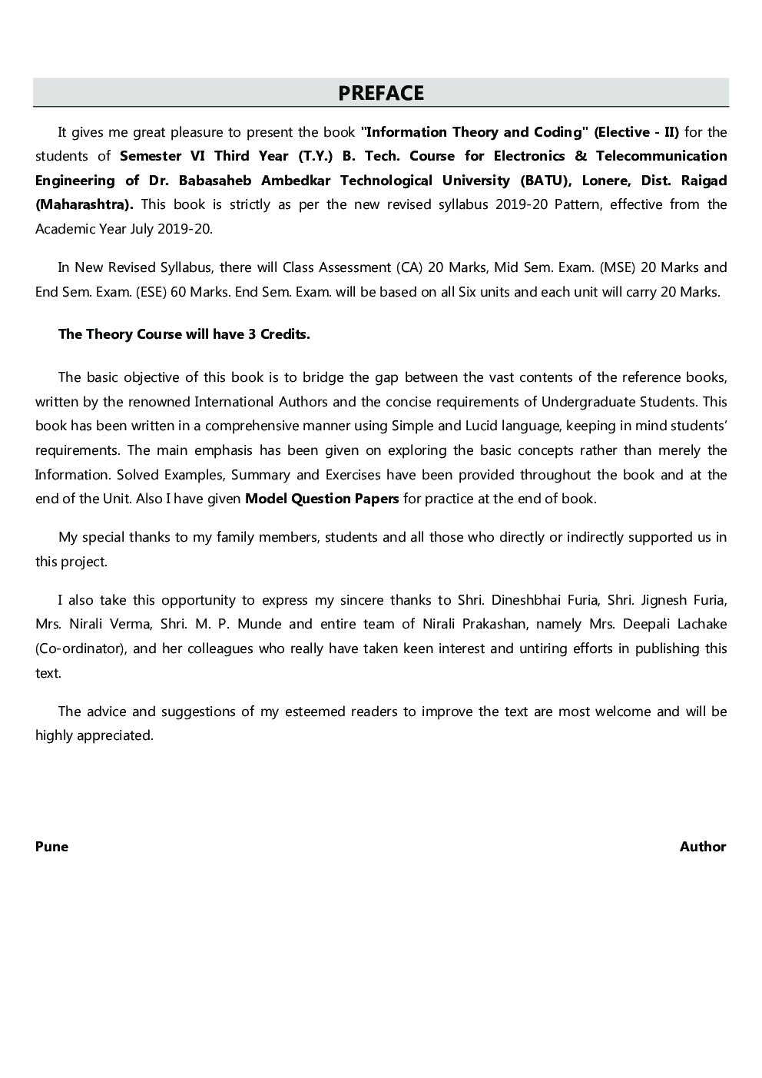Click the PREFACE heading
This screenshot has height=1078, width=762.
coord(381,93)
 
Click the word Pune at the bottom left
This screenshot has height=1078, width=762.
coord(51,847)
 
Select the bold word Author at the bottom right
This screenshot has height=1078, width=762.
coord(702,847)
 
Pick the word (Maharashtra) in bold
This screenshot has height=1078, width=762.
coord(84,204)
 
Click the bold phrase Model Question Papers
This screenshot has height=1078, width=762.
coord(321,499)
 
